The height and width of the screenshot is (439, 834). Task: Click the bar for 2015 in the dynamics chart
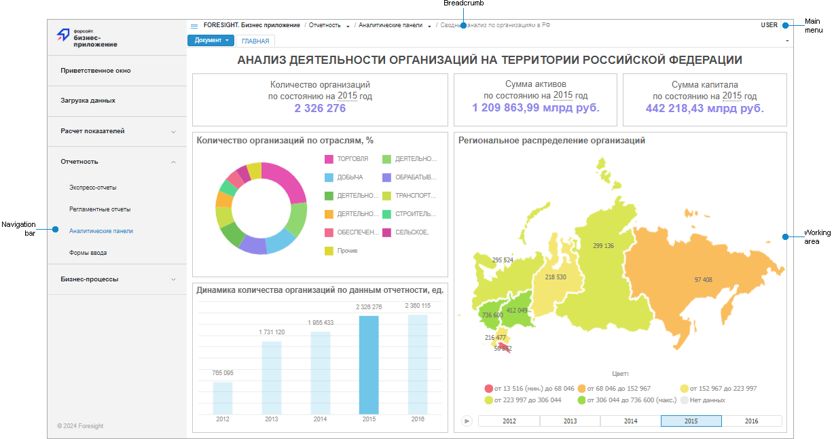(x=369, y=365)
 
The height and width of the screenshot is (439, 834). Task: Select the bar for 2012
(x=222, y=398)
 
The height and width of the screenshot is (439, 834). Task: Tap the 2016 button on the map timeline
(x=751, y=421)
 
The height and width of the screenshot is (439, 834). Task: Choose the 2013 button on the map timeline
(x=570, y=421)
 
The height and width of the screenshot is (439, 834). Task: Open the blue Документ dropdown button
(x=211, y=40)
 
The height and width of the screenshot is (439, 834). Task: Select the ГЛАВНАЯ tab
(x=255, y=41)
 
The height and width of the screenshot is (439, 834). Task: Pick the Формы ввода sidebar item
(x=88, y=253)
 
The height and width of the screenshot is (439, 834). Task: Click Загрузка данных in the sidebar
(x=88, y=101)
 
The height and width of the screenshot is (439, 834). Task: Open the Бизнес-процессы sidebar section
(x=89, y=279)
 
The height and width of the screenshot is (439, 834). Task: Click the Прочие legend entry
(x=347, y=251)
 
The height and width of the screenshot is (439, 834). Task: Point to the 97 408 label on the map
(x=703, y=280)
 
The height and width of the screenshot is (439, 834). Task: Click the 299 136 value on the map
(x=603, y=246)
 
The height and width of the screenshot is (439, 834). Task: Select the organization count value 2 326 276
(x=320, y=108)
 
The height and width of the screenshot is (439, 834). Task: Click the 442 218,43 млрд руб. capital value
(x=704, y=108)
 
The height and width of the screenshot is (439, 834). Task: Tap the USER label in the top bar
(x=769, y=25)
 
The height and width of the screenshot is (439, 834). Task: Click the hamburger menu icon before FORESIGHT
(x=194, y=26)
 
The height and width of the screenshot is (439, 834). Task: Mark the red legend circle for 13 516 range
(x=488, y=389)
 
